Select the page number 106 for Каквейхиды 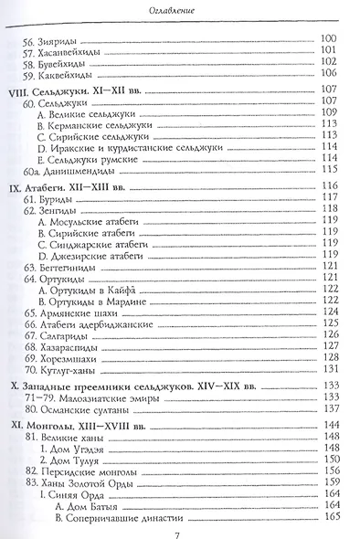pyautogui.click(x=330, y=73)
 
